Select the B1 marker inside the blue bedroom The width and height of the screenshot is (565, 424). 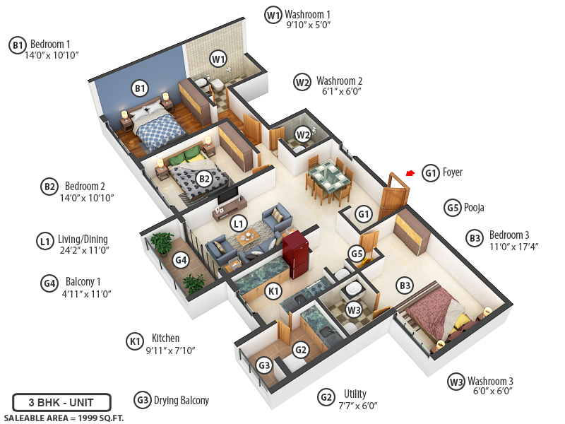pyautogui.click(x=140, y=88)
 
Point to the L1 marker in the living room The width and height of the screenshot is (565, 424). pyautogui.click(x=239, y=224)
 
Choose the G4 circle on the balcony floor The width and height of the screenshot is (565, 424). pyautogui.click(x=181, y=260)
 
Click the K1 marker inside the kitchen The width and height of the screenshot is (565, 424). pyautogui.click(x=273, y=290)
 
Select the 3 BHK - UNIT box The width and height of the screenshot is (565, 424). pyautogui.click(x=61, y=403)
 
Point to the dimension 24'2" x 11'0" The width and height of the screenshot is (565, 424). pyautogui.click(x=83, y=250)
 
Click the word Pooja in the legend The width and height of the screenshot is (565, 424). pyautogui.click(x=474, y=208)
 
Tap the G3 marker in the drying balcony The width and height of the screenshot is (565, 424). pyautogui.click(x=264, y=365)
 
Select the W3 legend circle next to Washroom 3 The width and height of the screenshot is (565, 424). pyautogui.click(x=456, y=382)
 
